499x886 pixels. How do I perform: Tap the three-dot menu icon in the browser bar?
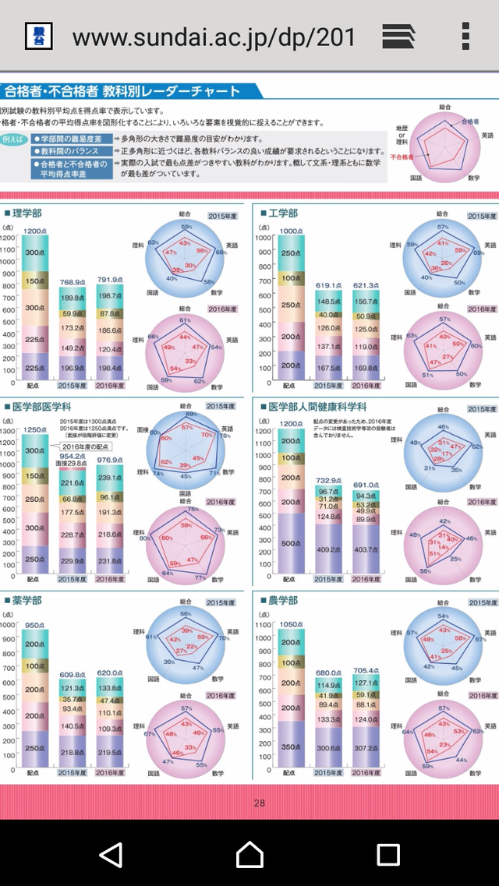465,36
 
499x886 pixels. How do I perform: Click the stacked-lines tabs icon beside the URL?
398,36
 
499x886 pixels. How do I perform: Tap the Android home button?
249,854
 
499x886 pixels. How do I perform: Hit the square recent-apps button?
388,854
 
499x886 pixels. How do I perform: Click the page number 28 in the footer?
260,803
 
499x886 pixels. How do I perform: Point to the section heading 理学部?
27,212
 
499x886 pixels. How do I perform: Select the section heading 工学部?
282,213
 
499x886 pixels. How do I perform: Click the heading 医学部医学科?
44,407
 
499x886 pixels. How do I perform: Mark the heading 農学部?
282,601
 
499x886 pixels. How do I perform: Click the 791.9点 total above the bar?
110,280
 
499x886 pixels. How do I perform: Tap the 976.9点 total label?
110,460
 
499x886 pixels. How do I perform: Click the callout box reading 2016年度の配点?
86,447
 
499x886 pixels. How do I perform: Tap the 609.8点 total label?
73,674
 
